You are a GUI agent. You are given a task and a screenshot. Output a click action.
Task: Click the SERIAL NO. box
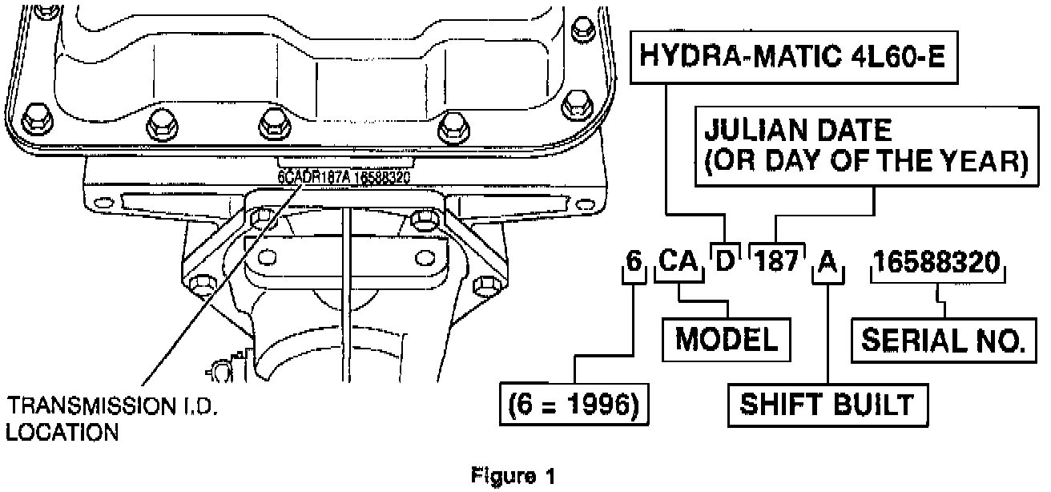943,341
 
